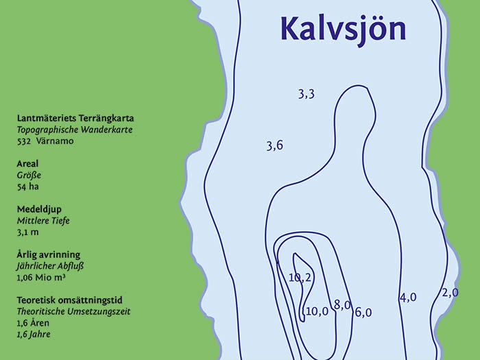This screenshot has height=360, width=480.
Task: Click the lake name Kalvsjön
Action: [343, 29]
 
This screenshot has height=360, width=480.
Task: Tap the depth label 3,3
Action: [306, 95]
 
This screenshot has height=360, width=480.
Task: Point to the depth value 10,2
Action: [300, 278]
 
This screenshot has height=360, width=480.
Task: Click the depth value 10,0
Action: [317, 311]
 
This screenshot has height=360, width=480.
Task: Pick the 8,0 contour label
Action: [342, 304]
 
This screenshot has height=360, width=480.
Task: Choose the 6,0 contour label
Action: [363, 312]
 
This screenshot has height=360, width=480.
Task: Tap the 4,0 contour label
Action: [408, 298]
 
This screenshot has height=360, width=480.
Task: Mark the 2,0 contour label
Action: [450, 293]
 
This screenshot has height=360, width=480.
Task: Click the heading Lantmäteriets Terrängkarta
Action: [75, 118]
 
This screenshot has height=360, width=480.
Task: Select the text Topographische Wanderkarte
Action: [75, 130]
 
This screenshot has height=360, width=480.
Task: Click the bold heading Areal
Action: [27, 164]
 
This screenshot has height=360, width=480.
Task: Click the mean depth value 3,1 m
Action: [28, 232]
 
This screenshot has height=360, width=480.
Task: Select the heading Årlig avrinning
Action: [49, 254]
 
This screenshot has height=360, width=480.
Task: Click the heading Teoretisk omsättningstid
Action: [69, 300]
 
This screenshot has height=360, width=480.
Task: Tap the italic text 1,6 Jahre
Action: [34, 334]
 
